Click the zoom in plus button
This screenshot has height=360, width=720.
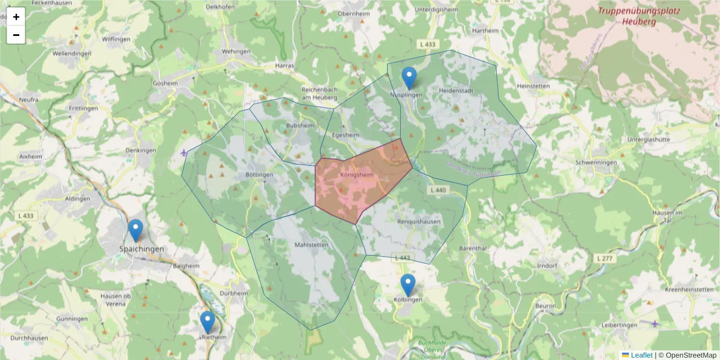click(16, 17)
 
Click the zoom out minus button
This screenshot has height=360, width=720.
click(16, 35)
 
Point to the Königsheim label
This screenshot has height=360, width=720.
click(356, 175)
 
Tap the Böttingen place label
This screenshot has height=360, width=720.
click(259, 175)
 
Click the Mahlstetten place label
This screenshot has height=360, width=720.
click(311, 245)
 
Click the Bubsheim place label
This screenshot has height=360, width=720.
click(300, 126)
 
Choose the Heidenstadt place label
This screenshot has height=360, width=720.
click(456, 91)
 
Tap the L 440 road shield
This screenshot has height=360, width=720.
click(439, 190)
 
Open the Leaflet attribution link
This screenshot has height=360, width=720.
click(641, 355)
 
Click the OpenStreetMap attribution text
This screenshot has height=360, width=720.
click(691, 355)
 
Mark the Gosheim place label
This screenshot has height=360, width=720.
click(166, 83)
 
